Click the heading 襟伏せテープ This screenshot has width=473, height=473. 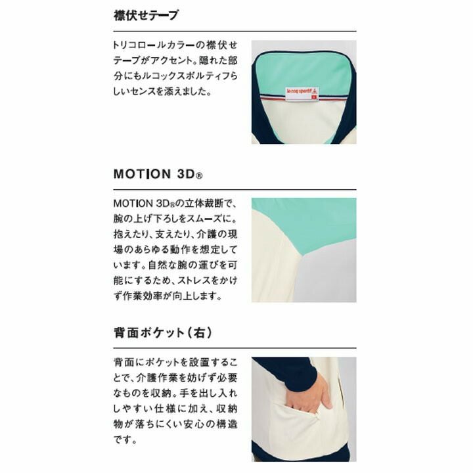[146, 15]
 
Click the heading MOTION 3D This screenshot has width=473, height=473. [158, 174]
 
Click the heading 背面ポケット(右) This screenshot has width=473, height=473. [163, 332]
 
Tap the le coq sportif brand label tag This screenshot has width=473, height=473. [302, 94]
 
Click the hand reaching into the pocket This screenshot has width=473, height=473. [307, 394]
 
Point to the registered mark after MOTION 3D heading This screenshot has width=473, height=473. [200, 175]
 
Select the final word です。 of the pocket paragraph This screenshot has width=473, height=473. [125, 439]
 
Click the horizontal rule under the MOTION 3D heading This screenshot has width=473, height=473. [235, 189]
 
